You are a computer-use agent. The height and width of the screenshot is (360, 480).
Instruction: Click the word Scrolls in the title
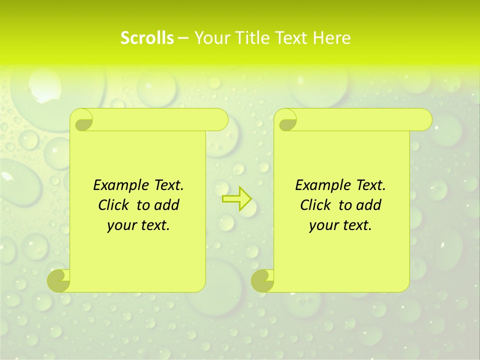pyautogui.click(x=147, y=38)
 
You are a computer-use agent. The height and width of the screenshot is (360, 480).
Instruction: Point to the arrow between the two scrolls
pyautogui.click(x=236, y=199)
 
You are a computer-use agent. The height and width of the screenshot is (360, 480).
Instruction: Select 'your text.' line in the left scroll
pyautogui.click(x=138, y=225)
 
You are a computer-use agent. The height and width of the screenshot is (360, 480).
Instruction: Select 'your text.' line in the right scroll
pyautogui.click(x=340, y=225)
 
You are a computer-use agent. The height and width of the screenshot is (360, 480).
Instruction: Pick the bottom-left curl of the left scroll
pyautogui.click(x=59, y=280)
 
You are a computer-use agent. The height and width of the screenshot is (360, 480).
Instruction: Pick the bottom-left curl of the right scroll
pyautogui.click(x=262, y=280)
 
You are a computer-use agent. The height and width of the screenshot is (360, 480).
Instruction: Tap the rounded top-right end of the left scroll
pyautogui.click(x=220, y=120)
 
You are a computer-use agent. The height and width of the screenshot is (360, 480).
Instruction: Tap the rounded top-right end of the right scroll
pyautogui.click(x=424, y=120)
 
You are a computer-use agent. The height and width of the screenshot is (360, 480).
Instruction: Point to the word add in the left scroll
pyautogui.click(x=167, y=205)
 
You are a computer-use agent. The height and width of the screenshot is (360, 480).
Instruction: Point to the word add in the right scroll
pyautogui.click(x=369, y=205)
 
